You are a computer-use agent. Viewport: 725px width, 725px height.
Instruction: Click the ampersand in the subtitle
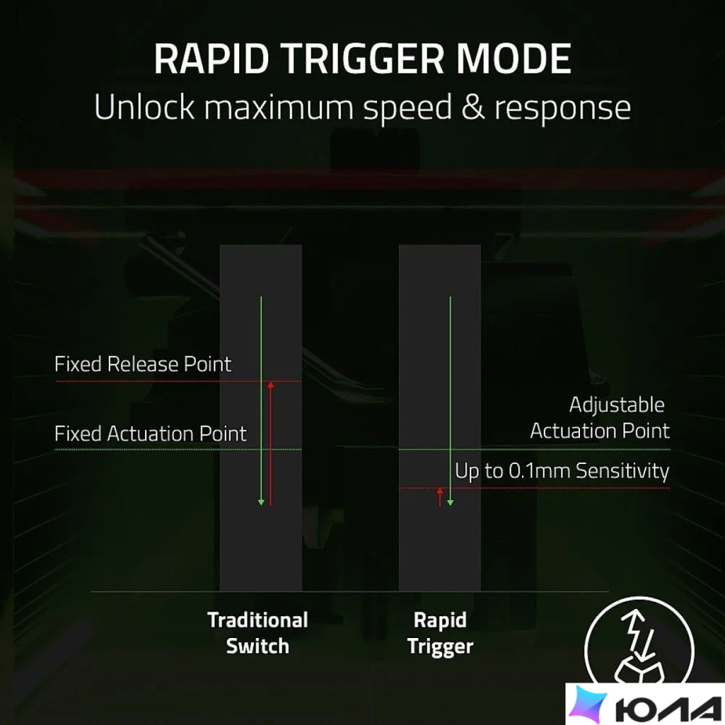pyautogui.click(x=473, y=107)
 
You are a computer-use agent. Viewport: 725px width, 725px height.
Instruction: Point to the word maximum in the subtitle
pyautogui.click(x=279, y=107)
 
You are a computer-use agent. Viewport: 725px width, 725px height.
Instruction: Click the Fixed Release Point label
pyautogui.click(x=142, y=364)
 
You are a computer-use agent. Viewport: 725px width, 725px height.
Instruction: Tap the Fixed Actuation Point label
pyautogui.click(x=150, y=434)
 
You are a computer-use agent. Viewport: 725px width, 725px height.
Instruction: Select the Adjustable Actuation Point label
pyautogui.click(x=600, y=418)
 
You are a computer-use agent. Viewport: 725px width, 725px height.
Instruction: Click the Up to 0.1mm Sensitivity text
pyautogui.click(x=562, y=471)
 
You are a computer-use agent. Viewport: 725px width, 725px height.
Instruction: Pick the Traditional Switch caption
pyautogui.click(x=258, y=633)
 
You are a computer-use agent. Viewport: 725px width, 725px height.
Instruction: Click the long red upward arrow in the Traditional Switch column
pyautogui.click(x=270, y=444)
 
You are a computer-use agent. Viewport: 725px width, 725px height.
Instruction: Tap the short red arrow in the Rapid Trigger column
pyautogui.click(x=440, y=497)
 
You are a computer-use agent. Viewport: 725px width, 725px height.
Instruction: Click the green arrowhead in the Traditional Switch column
pyautogui.click(x=261, y=502)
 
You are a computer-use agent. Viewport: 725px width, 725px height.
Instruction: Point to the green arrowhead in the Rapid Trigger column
pyautogui.click(x=450, y=503)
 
